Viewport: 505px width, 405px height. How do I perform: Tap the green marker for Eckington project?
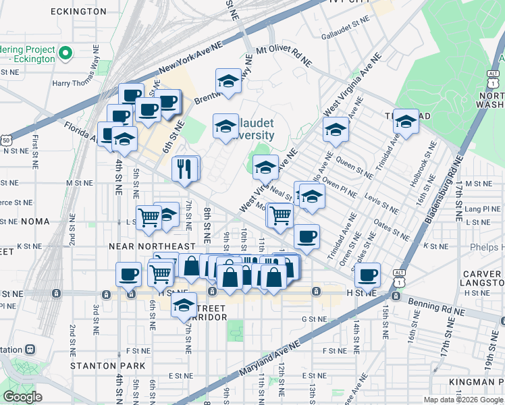click(65, 53)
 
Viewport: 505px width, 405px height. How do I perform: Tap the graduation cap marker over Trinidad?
click(406, 122)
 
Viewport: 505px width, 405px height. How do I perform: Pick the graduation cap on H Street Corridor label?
click(184, 306)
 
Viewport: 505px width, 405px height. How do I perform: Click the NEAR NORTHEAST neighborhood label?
click(152, 246)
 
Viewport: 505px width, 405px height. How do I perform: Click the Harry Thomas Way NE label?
click(80, 84)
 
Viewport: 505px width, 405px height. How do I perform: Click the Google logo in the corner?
click(22, 397)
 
